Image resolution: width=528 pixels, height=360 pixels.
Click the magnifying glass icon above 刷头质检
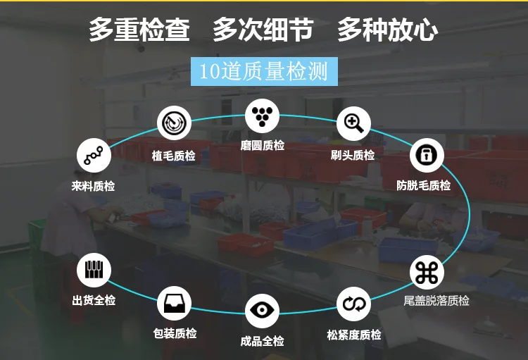click(x=353, y=124)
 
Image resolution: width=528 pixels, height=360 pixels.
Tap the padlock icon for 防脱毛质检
click(x=427, y=155)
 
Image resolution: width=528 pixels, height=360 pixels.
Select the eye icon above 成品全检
click(x=262, y=311)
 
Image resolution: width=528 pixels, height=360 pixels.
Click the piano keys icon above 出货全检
click(x=94, y=270)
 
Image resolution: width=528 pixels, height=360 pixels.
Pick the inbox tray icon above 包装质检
click(x=174, y=304)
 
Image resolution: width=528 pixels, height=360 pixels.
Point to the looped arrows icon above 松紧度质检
click(x=353, y=304)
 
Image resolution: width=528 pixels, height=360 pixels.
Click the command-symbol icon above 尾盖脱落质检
click(x=427, y=273)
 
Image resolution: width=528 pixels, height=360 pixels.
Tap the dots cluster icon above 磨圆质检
click(x=262, y=116)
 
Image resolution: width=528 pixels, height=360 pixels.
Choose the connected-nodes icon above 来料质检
click(x=94, y=156)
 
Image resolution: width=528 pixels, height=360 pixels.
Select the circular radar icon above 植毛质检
click(x=174, y=123)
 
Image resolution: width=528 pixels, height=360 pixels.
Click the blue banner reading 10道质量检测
click(x=264, y=71)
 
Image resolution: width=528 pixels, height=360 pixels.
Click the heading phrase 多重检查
click(x=139, y=30)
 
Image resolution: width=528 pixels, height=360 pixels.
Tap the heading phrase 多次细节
click(x=263, y=30)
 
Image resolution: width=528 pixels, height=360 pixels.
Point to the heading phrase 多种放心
click(x=388, y=30)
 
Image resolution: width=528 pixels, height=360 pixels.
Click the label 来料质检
click(x=93, y=186)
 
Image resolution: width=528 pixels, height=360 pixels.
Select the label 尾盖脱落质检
click(x=436, y=300)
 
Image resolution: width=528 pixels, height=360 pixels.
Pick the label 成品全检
click(x=263, y=341)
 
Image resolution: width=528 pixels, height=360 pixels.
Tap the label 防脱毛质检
click(x=424, y=185)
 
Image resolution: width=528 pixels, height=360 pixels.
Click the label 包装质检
click(x=175, y=333)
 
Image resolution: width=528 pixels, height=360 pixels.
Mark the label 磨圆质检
click(x=263, y=146)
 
